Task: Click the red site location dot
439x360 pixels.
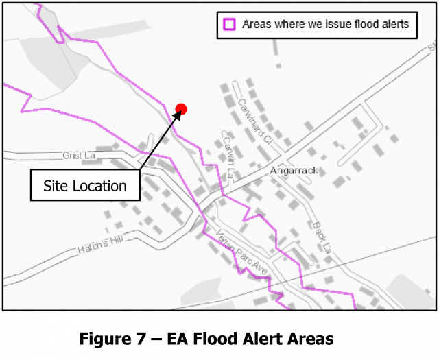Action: point(181,108)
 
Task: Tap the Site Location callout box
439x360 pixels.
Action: point(85,186)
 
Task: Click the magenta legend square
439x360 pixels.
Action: point(229,25)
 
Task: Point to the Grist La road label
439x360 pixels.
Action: point(78,156)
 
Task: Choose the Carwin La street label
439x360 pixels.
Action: point(229,158)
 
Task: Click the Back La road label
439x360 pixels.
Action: point(320,236)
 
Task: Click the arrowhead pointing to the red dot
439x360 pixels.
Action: point(177,115)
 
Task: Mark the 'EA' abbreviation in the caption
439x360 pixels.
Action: point(181,339)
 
